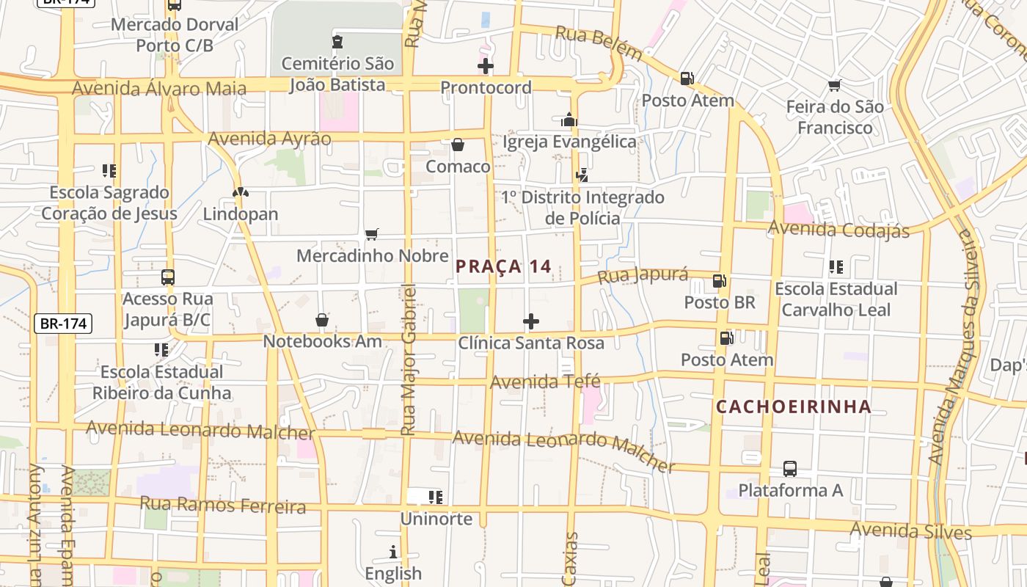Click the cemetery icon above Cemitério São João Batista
tap(337, 42)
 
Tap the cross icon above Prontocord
tap(485, 67)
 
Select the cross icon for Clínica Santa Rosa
tap(530, 321)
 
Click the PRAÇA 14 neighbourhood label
tap(503, 266)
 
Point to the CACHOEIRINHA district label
tap(794, 406)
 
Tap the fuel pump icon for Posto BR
tap(720, 280)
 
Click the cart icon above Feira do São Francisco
tap(834, 86)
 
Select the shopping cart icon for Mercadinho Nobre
tap(371, 234)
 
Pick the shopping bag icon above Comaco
tap(458, 145)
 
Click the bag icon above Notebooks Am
tap(321, 320)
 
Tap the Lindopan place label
tap(241, 214)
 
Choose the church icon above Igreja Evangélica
tap(569, 120)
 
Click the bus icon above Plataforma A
tap(790, 468)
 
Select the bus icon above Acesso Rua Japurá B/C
tap(168, 277)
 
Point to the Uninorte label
tap(436, 519)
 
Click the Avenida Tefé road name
tap(545, 382)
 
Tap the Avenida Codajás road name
tap(838, 230)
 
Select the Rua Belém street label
tap(599, 42)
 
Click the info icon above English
tap(393, 552)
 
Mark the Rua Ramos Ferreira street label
tap(222, 505)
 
